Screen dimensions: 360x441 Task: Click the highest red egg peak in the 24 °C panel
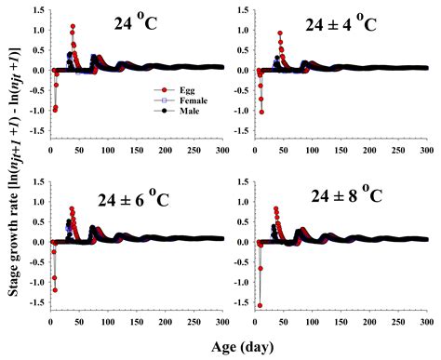[x=73, y=27]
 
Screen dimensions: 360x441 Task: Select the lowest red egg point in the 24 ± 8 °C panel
[x=260, y=305]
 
